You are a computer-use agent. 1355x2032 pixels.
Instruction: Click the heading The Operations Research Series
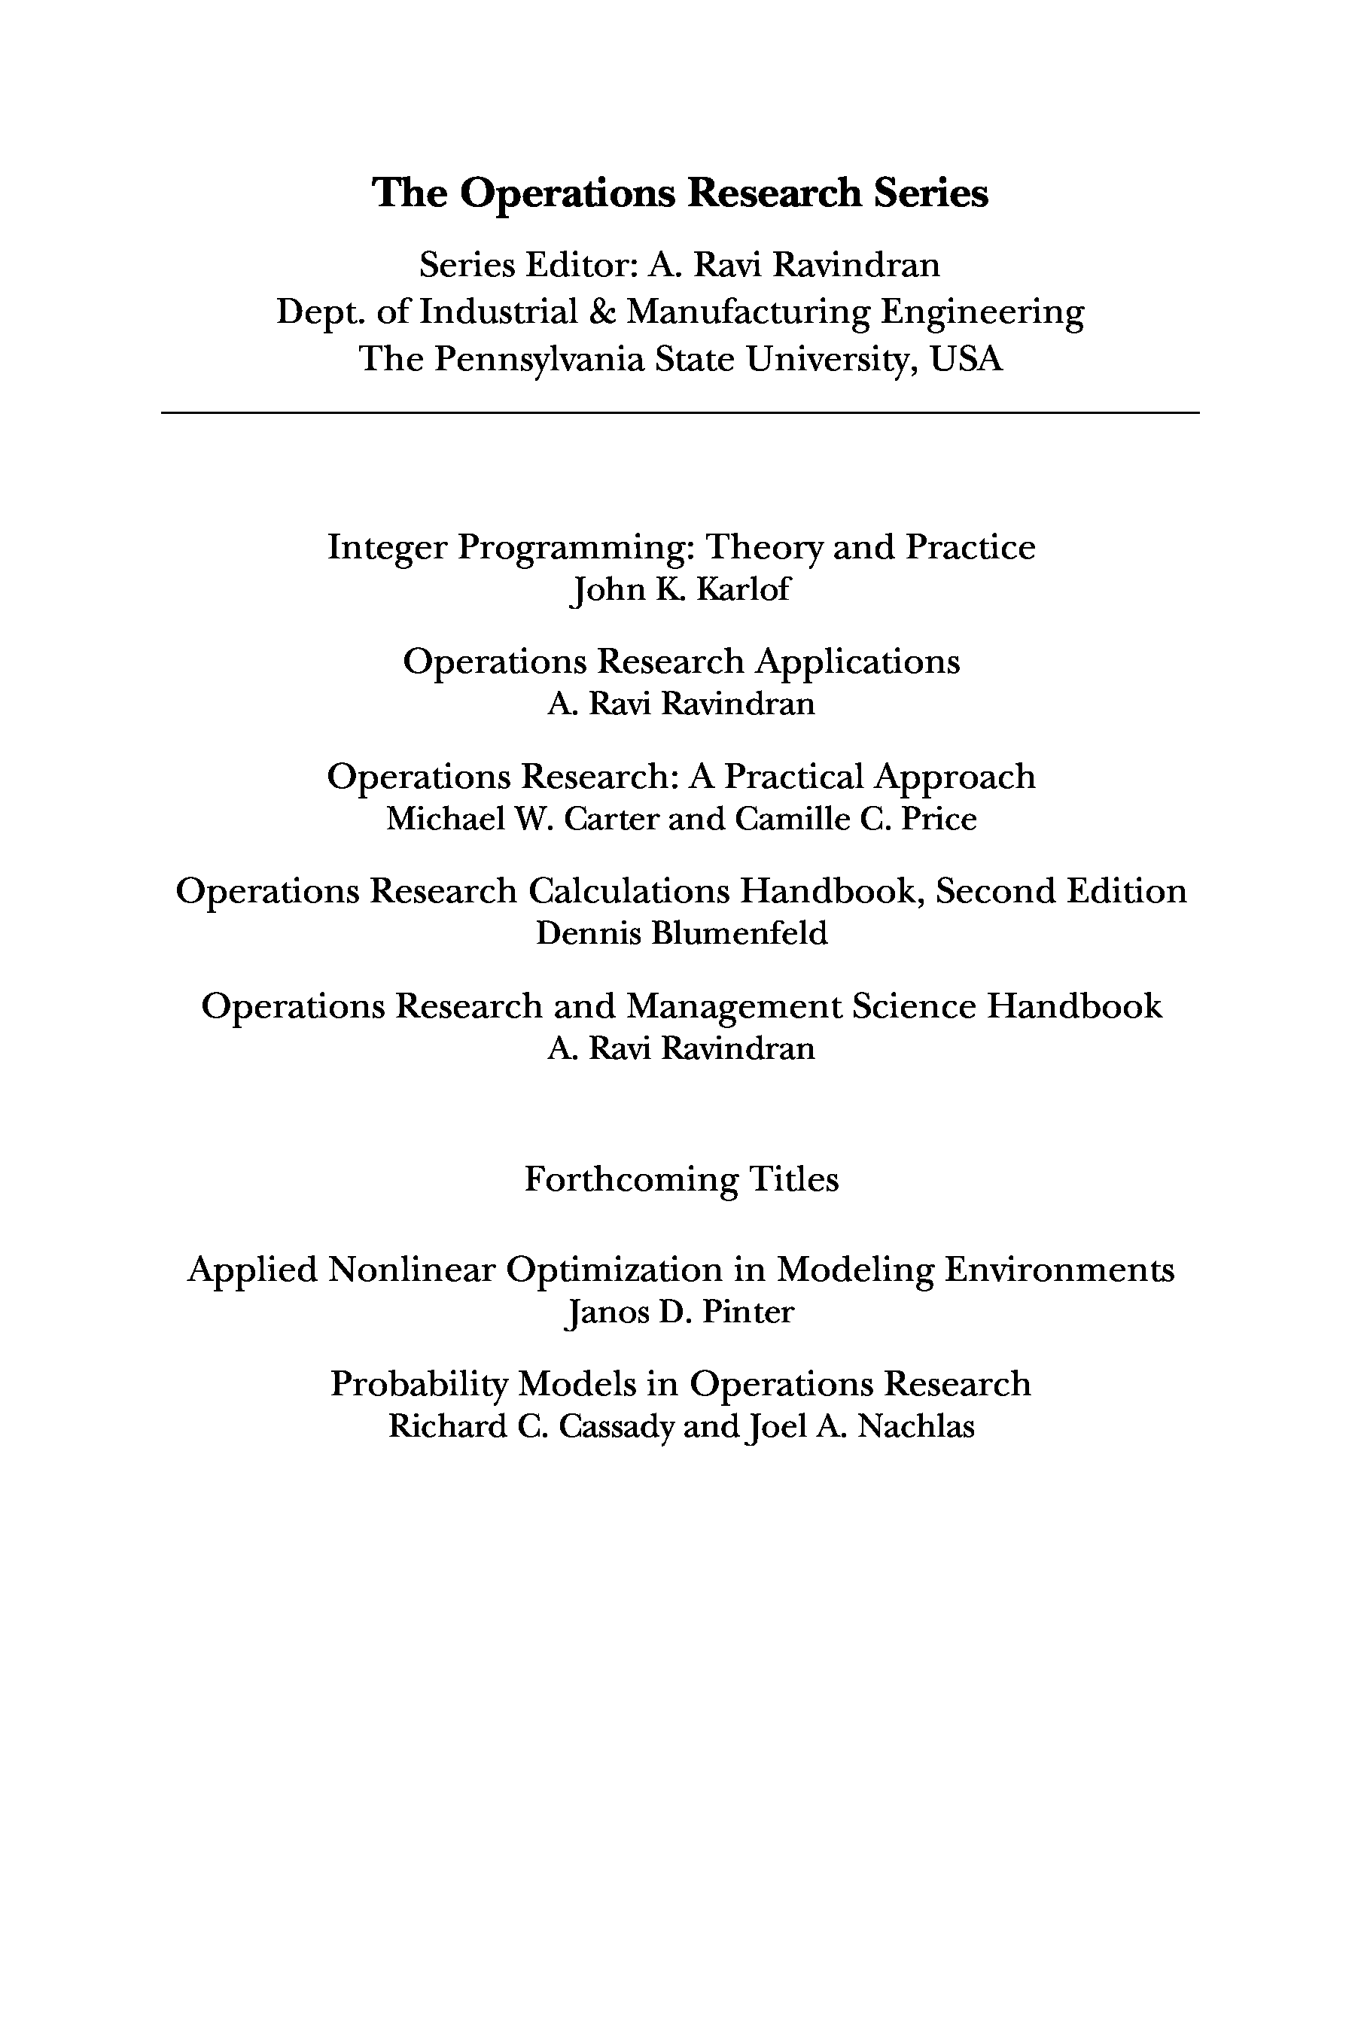[679, 193]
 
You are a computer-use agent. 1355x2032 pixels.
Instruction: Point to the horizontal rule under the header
[679, 414]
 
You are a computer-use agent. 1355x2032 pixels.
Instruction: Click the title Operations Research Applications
[681, 662]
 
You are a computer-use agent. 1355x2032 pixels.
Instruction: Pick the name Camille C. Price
[855, 819]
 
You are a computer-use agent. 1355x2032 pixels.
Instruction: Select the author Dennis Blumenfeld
[681, 934]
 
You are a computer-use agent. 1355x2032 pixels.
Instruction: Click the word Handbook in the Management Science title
[1074, 1006]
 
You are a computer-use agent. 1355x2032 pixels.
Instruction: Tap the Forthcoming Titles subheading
[681, 1179]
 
